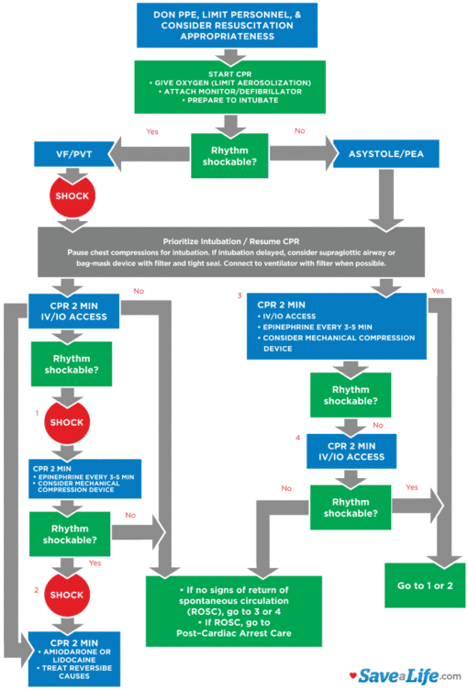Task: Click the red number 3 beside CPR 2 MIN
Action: pos(240,296)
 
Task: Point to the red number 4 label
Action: pos(297,439)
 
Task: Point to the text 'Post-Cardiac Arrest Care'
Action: pos(234,631)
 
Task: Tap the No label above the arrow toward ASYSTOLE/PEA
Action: pos(299,130)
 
